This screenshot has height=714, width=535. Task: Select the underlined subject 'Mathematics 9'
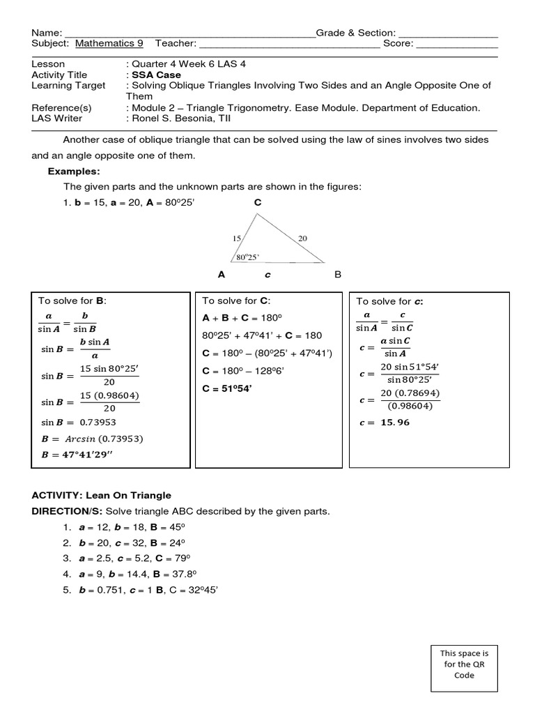(x=109, y=43)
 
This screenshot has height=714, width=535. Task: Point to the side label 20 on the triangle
(x=302, y=238)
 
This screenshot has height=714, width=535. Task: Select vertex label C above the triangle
(x=258, y=202)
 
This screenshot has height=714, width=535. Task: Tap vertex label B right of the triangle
(x=338, y=275)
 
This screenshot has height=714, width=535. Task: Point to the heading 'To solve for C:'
(x=235, y=301)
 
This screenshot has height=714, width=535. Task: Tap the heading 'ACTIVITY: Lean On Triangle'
(x=101, y=495)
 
